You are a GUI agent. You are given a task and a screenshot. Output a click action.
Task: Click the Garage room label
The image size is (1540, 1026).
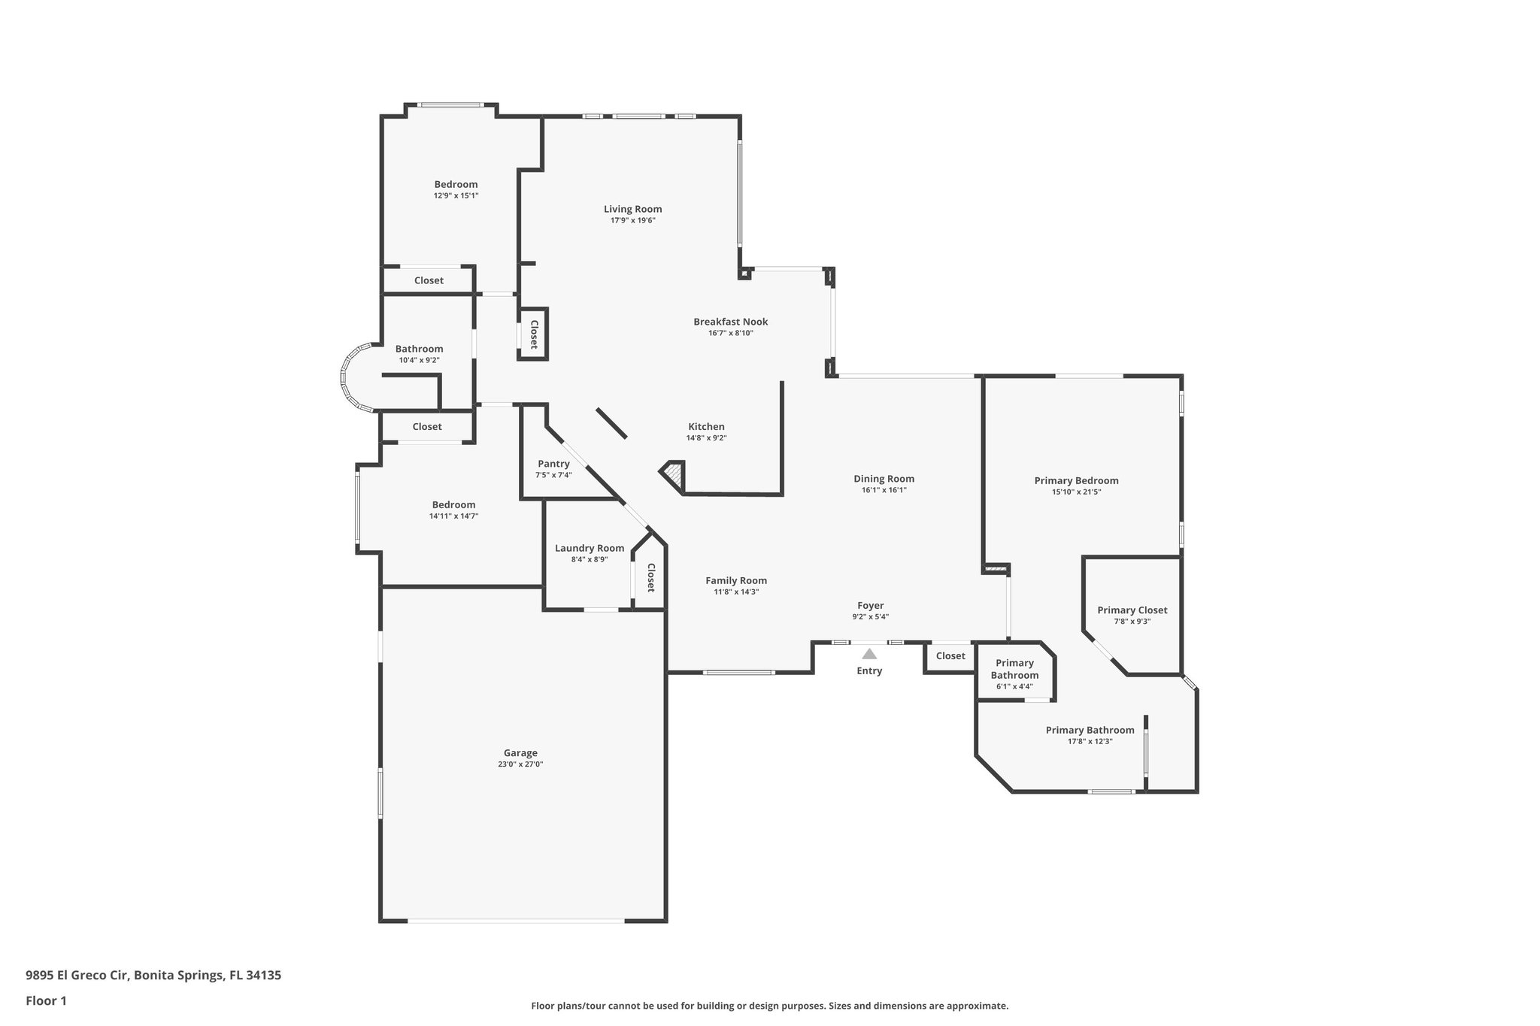[x=520, y=753]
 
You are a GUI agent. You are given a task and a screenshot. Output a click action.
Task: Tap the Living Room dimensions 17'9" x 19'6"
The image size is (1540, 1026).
[x=632, y=221]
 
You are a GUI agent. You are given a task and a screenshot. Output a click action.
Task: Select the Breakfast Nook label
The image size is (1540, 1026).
[x=730, y=322]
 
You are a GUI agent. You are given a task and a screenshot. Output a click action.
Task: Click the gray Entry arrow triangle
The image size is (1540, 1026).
[x=869, y=654]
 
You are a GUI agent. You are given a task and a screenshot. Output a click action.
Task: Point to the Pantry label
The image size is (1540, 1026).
[x=553, y=464]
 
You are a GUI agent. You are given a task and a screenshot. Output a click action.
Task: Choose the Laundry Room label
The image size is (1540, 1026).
[x=590, y=548]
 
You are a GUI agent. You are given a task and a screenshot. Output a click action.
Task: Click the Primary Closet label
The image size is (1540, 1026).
[x=1132, y=610]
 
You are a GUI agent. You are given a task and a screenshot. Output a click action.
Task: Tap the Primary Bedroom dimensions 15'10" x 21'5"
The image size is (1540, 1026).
[x=1076, y=492]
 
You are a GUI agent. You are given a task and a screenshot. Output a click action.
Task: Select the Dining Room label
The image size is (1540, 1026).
[x=884, y=479]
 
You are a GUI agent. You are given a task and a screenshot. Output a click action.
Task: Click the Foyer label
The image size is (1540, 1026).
[x=870, y=606]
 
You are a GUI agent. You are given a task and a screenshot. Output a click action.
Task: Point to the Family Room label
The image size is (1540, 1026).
[x=735, y=580]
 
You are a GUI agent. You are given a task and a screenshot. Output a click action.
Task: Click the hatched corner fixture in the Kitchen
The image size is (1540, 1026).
[x=674, y=474]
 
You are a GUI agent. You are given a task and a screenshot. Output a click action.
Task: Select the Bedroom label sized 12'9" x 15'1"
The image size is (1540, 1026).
[x=456, y=184]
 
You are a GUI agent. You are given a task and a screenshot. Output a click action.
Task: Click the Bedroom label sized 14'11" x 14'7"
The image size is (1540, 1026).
[x=453, y=505]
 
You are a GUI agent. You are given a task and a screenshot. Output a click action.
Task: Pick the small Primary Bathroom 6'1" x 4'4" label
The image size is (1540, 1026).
[x=1014, y=669]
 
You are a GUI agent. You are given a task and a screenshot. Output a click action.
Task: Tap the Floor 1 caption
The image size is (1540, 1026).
[x=47, y=1000]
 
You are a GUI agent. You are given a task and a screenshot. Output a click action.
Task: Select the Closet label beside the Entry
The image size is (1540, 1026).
[x=950, y=656]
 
